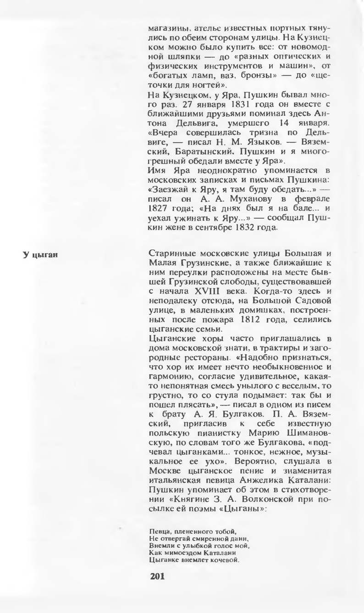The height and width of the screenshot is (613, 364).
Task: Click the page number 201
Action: [x=157, y=576]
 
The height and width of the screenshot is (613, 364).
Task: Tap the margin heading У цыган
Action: [x=39, y=254]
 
